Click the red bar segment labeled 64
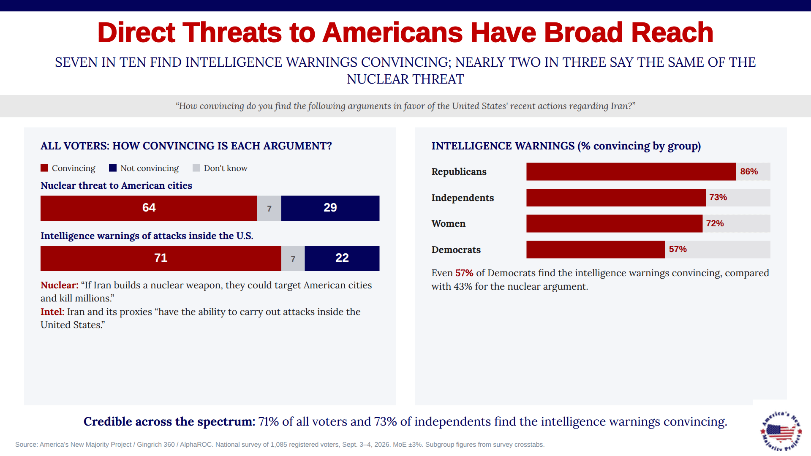tap(149, 208)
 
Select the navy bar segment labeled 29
tap(330, 208)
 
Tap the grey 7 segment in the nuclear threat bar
tap(269, 208)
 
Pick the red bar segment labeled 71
tap(161, 258)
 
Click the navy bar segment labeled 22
tap(342, 258)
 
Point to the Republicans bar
tap(631, 171)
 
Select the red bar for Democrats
tap(596, 250)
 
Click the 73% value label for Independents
tap(718, 197)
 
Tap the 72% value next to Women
tap(715, 223)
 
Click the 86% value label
tap(749, 171)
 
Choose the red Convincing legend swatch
tap(44, 168)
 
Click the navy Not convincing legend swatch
tap(113, 168)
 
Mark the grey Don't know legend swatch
tap(196, 168)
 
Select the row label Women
tap(448, 224)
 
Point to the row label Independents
tap(463, 198)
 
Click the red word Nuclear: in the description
tap(60, 285)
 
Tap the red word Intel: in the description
tap(52, 312)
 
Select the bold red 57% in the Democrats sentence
tap(464, 273)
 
